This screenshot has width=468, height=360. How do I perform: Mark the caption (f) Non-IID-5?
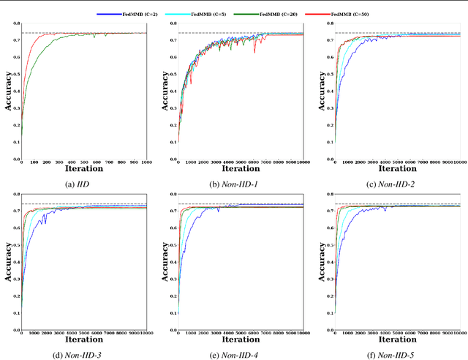pos(394,353)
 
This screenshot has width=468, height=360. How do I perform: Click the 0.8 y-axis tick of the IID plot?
pos(15,23)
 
